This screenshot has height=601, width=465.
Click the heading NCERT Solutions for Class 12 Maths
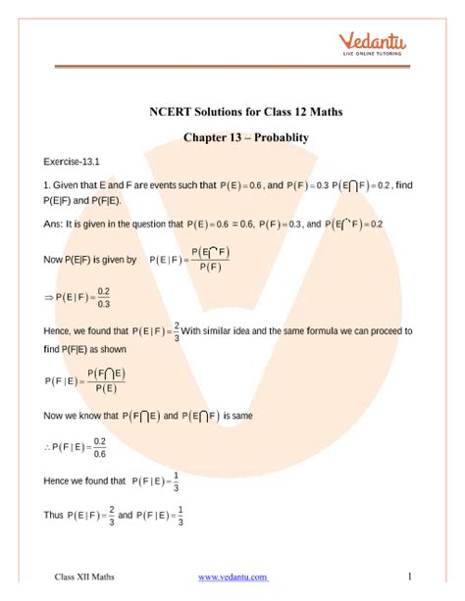232,112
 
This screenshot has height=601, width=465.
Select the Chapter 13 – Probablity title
232,137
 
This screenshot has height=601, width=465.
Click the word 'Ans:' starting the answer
54,224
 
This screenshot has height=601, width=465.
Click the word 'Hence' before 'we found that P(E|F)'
60,331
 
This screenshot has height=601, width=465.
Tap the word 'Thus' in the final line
55,513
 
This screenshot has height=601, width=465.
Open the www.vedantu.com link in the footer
232,576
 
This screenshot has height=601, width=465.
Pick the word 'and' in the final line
125,513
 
